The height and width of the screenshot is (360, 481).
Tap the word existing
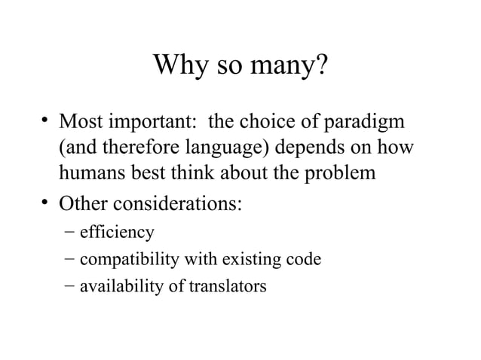[249, 261]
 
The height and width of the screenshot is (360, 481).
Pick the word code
[303, 260]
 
